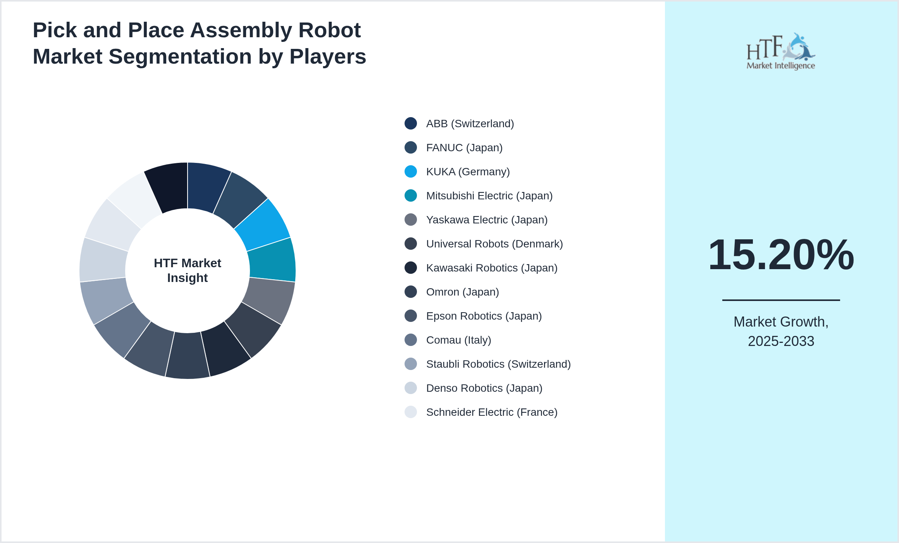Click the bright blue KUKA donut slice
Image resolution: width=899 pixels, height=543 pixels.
[263, 225]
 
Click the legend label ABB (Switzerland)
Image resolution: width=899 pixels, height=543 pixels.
[470, 124]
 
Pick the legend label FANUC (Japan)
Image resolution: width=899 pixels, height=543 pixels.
[464, 148]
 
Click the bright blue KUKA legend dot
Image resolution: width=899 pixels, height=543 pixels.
[411, 171]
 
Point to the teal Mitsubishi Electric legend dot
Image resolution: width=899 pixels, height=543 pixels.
[411, 195]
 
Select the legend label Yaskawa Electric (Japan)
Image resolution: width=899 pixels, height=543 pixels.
[487, 220]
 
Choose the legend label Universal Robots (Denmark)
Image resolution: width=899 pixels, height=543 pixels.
[494, 244]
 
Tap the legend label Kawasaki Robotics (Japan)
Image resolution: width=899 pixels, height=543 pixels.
[491, 268]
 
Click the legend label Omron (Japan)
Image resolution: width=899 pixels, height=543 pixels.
[462, 292]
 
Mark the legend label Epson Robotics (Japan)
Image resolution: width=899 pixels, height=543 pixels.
[484, 316]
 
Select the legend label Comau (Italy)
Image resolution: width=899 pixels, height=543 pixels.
[458, 340]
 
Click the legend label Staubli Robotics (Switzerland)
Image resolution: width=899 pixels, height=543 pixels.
[498, 364]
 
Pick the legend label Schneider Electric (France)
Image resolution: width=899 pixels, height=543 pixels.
[491, 412]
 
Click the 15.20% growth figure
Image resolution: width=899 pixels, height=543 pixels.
[781, 255]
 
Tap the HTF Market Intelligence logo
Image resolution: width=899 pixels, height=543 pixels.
[781, 52]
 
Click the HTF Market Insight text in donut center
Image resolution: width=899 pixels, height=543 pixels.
[188, 270]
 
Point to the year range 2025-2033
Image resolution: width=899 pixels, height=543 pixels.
[781, 341]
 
